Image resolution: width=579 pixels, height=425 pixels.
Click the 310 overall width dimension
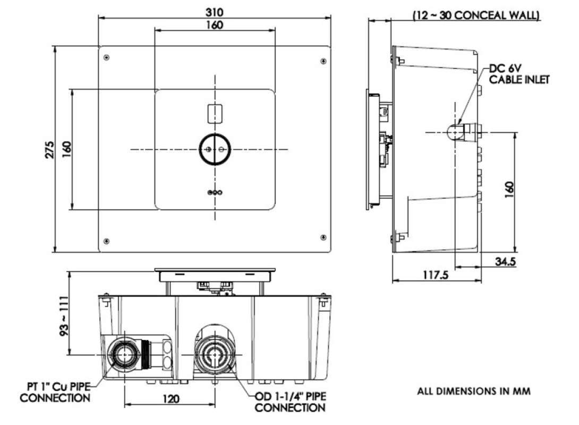pyautogui.click(x=215, y=11)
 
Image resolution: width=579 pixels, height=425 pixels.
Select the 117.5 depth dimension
pyautogui.click(x=436, y=275)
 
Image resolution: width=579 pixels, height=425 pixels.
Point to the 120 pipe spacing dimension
pyautogui.click(x=171, y=398)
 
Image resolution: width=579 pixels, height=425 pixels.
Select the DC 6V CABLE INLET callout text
pyautogui.click(x=519, y=74)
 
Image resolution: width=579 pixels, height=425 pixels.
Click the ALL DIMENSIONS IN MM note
pyautogui.click(x=473, y=392)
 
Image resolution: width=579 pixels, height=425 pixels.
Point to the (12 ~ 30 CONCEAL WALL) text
pyautogui.click(x=476, y=16)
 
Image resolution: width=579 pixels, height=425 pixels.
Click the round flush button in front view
pyautogui.click(x=215, y=149)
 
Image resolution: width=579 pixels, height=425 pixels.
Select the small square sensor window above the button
pyautogui.click(x=215, y=113)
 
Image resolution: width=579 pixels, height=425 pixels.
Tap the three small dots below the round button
pyautogui.click(x=215, y=192)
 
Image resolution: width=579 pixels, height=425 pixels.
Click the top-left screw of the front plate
pyautogui.click(x=107, y=57)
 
